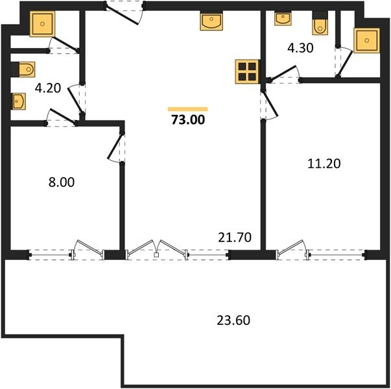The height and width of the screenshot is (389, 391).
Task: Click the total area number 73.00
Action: click(x=188, y=120)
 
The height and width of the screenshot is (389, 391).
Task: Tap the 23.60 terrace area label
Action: click(x=233, y=320)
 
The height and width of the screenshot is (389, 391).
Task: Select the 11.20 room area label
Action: click(x=324, y=163)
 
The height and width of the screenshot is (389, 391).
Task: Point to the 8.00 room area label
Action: click(x=62, y=182)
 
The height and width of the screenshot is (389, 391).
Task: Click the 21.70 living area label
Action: click(x=235, y=237)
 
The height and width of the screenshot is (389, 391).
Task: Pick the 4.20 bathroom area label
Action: click(x=48, y=88)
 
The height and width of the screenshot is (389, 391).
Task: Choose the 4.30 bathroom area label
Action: click(x=300, y=48)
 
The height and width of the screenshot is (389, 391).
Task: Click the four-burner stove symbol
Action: click(x=247, y=71)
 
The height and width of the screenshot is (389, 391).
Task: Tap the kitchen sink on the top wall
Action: click(x=211, y=21)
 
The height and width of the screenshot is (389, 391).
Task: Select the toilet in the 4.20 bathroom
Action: click(x=24, y=69)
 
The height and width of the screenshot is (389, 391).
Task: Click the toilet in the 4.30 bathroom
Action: click(x=320, y=24)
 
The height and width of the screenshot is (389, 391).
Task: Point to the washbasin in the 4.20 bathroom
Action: click(x=19, y=101)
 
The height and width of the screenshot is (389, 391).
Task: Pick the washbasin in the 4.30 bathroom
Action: click(x=283, y=19)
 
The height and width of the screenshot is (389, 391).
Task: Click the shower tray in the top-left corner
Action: click(x=42, y=24)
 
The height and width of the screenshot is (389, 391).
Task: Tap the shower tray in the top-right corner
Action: click(x=366, y=40)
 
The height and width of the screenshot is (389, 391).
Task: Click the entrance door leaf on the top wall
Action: click(x=122, y=14)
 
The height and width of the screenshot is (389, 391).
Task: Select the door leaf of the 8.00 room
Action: click(x=115, y=147)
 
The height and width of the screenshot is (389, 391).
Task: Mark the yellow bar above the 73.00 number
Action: click(x=188, y=109)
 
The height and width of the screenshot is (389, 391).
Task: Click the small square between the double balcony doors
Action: click(x=156, y=255)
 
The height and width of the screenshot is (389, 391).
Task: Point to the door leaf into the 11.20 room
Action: click(x=270, y=104)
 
